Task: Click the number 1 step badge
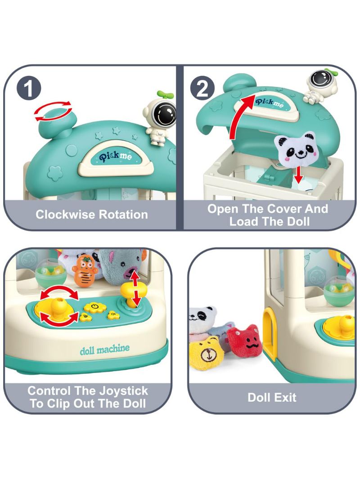tap(28, 89)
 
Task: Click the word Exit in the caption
tap(285, 397)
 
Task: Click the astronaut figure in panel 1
tap(159, 120)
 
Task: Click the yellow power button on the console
tap(94, 306)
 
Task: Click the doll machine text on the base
tap(105, 349)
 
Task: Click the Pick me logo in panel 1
tap(115, 156)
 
